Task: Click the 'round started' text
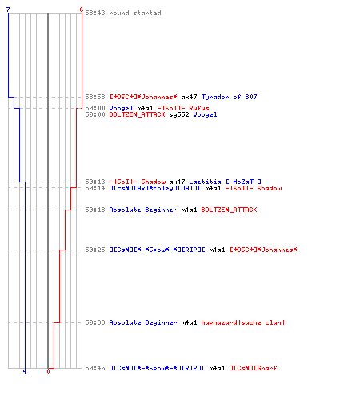(135, 13)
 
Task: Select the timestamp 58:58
(95, 97)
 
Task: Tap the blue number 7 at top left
(8, 10)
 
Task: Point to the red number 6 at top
(82, 10)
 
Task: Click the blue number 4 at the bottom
(25, 371)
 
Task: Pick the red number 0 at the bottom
(48, 371)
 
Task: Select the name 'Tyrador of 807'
(229, 97)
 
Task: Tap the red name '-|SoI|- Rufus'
(183, 108)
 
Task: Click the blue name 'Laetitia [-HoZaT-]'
(225, 182)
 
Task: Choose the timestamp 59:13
(95, 182)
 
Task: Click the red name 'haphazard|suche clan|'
(243, 322)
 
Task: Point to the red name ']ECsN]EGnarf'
(254, 368)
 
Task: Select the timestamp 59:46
(95, 368)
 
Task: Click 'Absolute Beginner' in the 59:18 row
(143, 210)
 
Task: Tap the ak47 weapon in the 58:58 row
(189, 97)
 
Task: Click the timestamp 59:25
(95, 250)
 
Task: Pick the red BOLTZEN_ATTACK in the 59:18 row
(229, 210)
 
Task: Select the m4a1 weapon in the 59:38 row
(189, 322)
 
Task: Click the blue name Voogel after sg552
(205, 114)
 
